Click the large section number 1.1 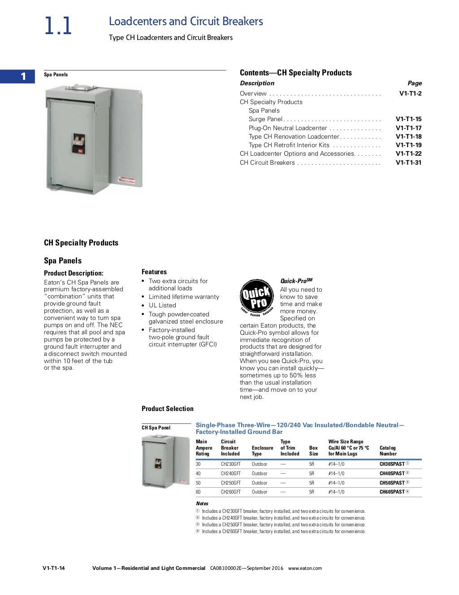click(58, 26)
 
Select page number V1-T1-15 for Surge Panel click(408, 119)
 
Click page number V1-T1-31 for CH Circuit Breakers click(408, 162)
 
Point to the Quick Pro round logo click(256, 297)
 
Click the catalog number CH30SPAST click(392, 464)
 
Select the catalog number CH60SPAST click(392, 492)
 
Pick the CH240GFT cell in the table click(230, 473)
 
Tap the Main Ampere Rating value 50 click(198, 483)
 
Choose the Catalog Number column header click(388, 451)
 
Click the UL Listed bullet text click(162, 306)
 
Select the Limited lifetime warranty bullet click(184, 297)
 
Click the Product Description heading click(74, 273)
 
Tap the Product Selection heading click(168, 409)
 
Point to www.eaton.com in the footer click(305, 568)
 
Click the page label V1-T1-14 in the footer click(54, 568)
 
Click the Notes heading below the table click(202, 503)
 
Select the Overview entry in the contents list click(253, 93)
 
